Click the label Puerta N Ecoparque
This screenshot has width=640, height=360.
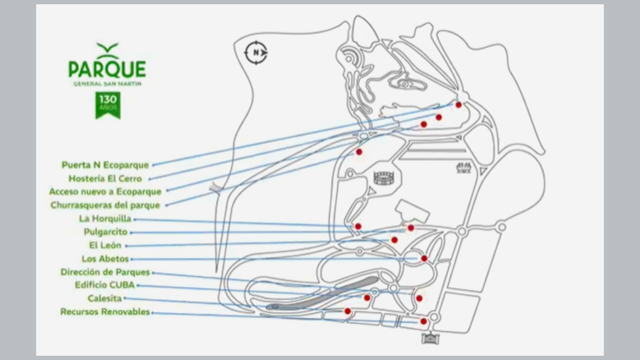105,165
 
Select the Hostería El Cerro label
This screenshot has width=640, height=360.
105,179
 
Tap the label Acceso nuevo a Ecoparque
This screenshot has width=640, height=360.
105,191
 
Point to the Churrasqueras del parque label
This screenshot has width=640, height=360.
105,205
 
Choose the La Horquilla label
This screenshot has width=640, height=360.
105,219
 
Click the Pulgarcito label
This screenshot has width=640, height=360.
106,232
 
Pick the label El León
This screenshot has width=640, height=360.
106,245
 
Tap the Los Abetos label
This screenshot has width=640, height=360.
106,259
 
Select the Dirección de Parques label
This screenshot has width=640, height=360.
105,272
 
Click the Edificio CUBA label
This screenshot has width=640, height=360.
105,285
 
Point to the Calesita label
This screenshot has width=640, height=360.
105,298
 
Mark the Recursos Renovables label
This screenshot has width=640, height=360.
105,312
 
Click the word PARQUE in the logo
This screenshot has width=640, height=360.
107,69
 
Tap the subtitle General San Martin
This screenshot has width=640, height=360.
107,83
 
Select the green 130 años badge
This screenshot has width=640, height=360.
108,105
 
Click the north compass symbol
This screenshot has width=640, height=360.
256,52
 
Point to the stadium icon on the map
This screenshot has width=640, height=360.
383,178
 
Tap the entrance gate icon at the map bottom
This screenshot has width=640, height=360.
430,338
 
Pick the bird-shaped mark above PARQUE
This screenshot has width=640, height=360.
107,50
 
